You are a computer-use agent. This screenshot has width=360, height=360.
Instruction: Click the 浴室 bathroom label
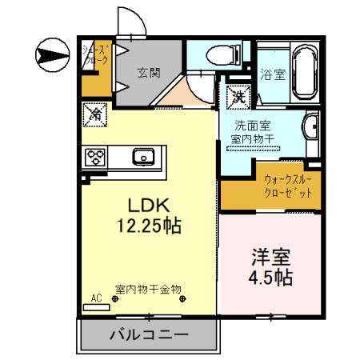273,74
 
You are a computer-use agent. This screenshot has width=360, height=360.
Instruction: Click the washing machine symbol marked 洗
238,97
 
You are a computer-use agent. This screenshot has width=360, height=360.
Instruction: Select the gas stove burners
96,156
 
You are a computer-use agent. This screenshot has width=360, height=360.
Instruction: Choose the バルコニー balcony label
148,334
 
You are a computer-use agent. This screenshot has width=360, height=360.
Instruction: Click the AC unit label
96,298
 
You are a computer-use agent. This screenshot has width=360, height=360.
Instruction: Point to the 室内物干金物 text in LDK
148,288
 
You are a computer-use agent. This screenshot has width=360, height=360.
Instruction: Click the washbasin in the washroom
311,126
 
